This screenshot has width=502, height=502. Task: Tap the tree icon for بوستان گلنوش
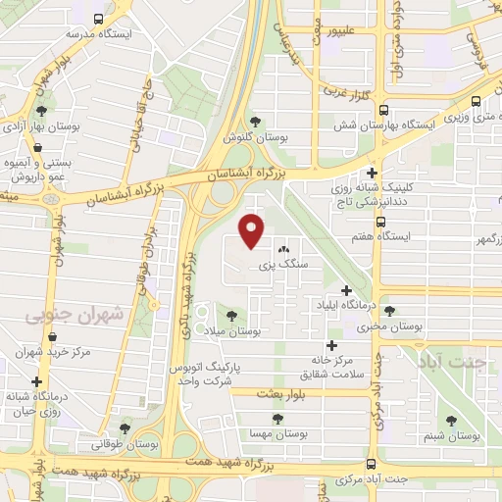[x=255, y=121]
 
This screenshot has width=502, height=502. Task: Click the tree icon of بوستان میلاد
[x=231, y=316]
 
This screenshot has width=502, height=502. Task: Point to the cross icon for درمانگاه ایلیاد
[x=346, y=290]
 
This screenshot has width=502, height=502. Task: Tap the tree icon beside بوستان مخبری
[x=389, y=310]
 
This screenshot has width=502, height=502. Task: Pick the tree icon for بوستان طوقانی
[x=125, y=427]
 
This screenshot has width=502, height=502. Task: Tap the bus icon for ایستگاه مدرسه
[x=98, y=19]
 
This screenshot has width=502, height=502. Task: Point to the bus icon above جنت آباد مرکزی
[x=371, y=464]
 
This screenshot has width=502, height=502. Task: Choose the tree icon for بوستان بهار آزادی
[x=39, y=112]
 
